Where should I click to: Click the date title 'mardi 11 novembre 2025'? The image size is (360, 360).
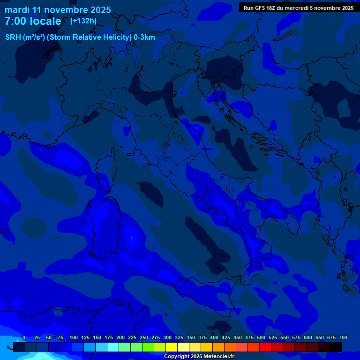58,10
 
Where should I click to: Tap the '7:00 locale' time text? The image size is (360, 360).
33,21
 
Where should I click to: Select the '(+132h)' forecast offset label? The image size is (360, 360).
83,21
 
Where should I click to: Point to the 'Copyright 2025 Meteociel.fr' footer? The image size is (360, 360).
199,357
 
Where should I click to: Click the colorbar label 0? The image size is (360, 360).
24,337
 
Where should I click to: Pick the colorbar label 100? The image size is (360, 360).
74,337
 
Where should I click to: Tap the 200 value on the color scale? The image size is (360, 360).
120,337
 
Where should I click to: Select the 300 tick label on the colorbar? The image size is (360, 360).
167,337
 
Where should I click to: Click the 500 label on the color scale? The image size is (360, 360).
261,337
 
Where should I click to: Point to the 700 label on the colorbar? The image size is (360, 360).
343,337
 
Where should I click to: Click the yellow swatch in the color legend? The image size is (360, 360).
172,347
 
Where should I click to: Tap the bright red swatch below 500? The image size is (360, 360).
265,347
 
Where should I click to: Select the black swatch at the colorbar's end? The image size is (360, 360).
336,347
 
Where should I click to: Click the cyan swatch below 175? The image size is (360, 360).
113,347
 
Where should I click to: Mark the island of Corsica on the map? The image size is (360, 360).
105,171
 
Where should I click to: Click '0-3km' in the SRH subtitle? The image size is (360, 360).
144,37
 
